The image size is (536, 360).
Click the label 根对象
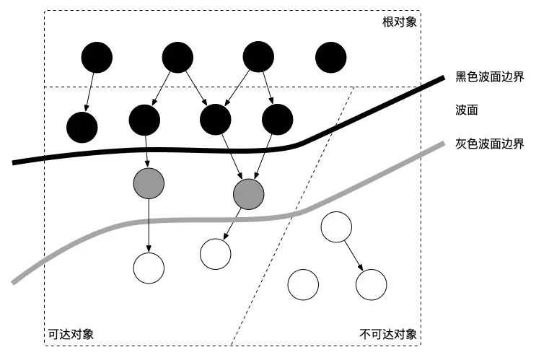(x=400, y=22)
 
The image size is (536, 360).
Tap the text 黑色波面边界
(x=488, y=76)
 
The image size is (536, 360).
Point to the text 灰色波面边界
(x=488, y=144)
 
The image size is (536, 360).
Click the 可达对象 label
(x=70, y=334)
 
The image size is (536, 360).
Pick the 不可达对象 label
(x=388, y=334)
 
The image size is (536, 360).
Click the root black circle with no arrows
(x=331, y=58)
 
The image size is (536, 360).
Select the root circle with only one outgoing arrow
(x=97, y=58)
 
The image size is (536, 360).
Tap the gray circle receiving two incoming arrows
(x=249, y=193)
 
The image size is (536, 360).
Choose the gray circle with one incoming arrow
(x=148, y=185)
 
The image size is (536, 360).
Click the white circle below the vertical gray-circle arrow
(x=148, y=268)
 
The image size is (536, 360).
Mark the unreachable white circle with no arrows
(x=303, y=284)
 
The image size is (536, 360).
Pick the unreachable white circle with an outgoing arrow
(x=335, y=227)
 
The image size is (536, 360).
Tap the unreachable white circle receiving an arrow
(x=372, y=284)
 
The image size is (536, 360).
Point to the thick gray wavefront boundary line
(x=180, y=219)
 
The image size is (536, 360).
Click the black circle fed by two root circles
(x=216, y=119)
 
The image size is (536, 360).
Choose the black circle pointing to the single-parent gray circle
(x=144, y=119)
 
